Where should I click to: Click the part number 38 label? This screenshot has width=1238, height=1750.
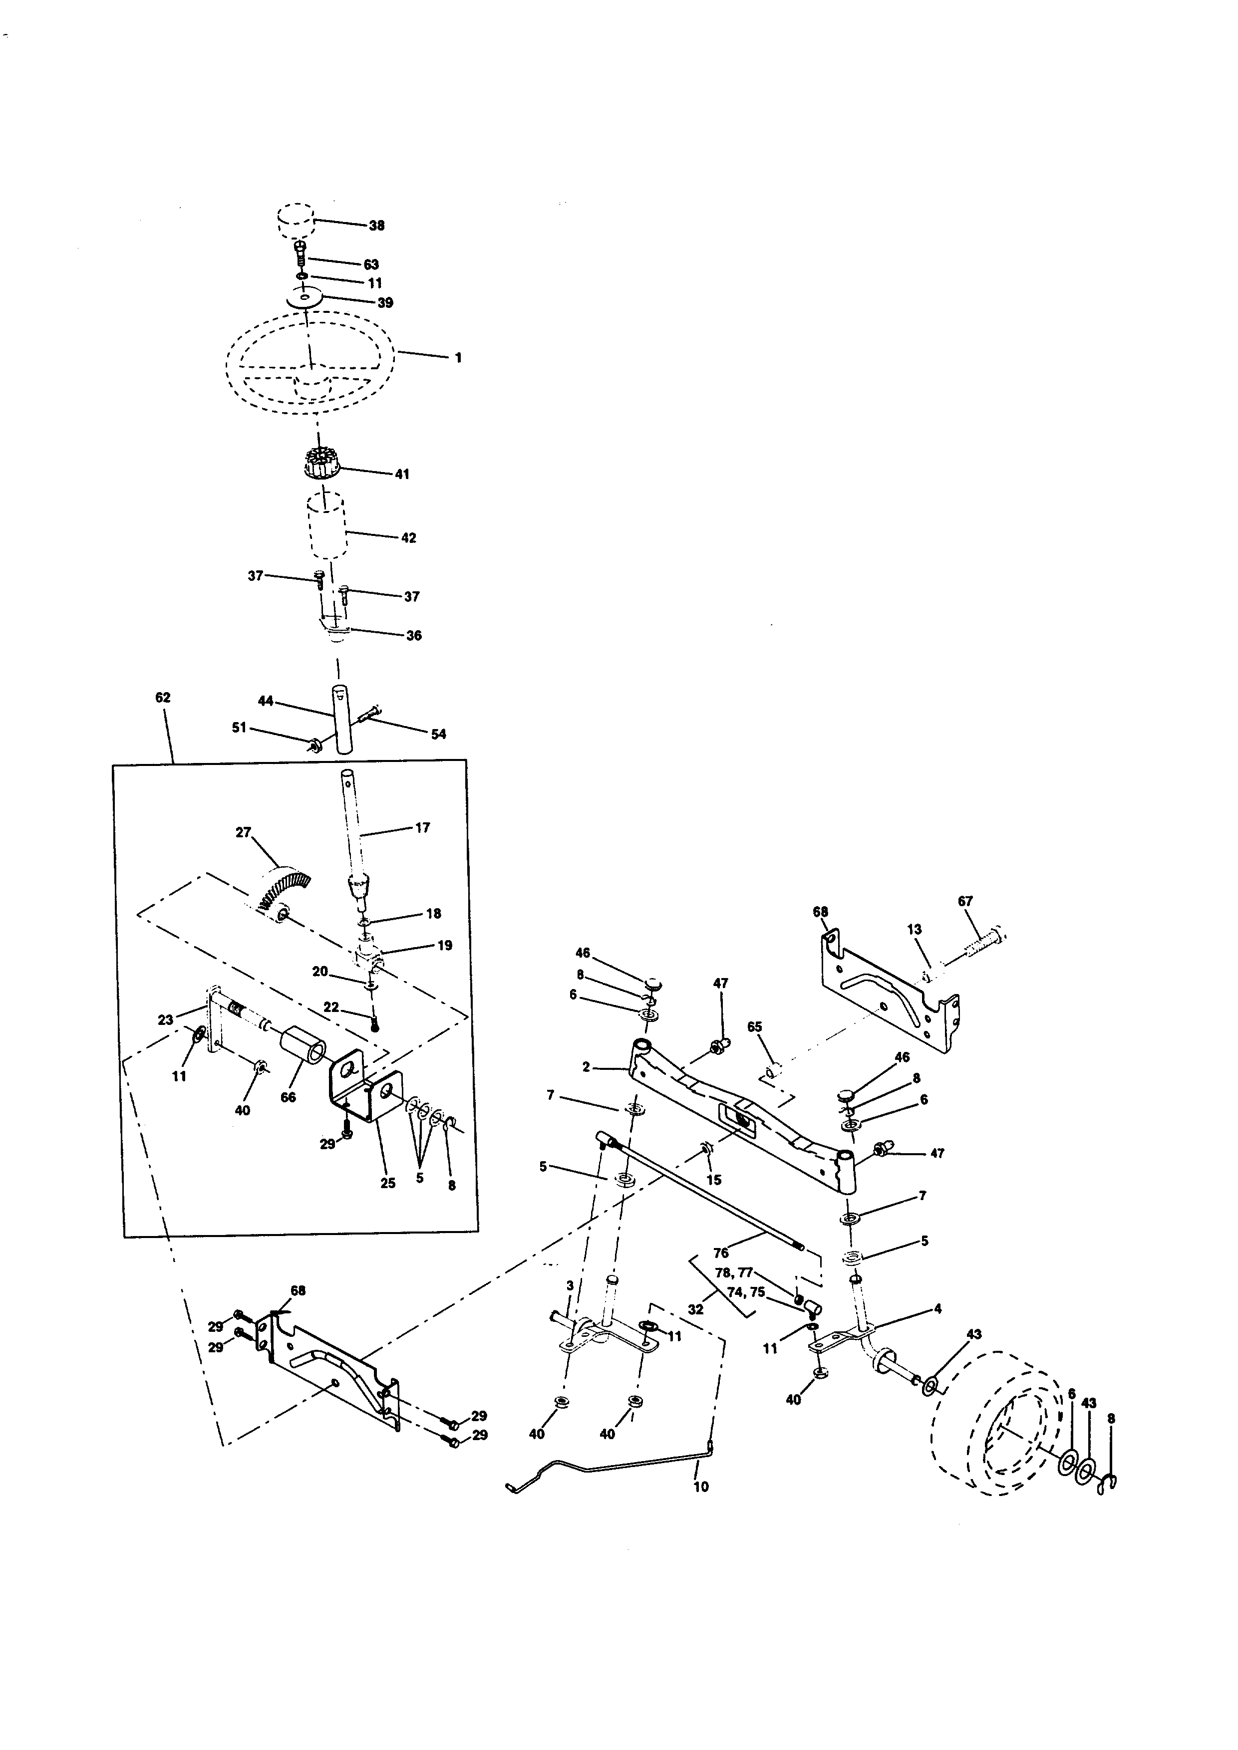(x=376, y=226)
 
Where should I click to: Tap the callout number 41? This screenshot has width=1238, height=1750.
(x=402, y=474)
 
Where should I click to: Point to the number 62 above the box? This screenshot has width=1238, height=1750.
(x=162, y=698)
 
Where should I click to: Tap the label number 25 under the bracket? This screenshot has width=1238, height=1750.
(x=388, y=1184)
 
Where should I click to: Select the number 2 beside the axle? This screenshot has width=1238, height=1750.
(x=586, y=1067)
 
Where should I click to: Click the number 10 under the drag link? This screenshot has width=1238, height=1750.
(x=700, y=1487)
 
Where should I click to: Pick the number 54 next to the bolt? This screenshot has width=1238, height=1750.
(x=438, y=734)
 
